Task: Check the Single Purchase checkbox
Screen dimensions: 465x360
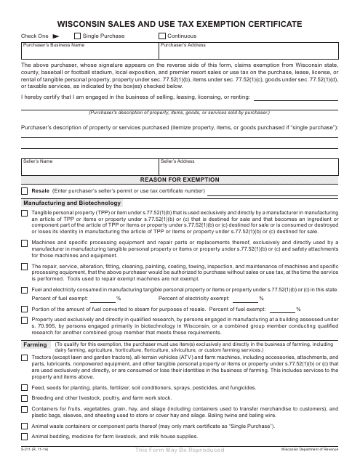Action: [x=76, y=35]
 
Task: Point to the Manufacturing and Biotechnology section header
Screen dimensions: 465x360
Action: [x=65, y=203]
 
